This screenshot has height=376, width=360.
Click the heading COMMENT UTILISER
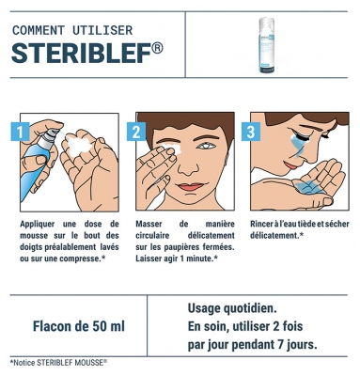[x=72, y=30]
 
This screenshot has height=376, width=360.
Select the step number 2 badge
[x=138, y=130]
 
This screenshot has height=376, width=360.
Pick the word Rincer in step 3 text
[x=266, y=225]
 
